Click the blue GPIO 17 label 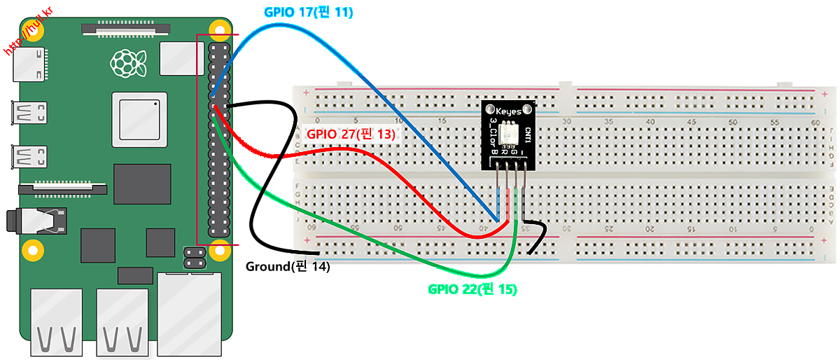point(308,12)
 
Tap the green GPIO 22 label point(472,289)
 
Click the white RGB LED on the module point(509,132)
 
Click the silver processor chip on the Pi point(140,120)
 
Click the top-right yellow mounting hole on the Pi point(221,32)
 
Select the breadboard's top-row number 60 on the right point(814,122)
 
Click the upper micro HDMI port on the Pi point(29,113)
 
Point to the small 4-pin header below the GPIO point(193,256)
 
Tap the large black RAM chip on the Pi point(142,184)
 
